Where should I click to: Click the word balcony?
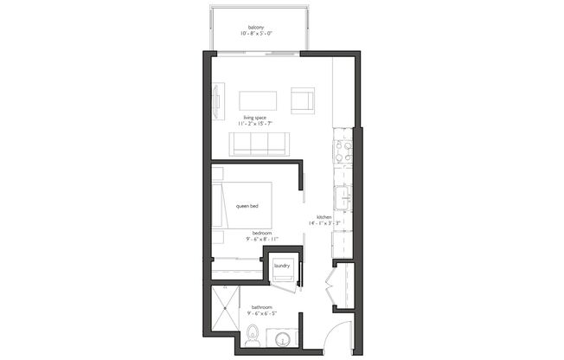pos(256,28)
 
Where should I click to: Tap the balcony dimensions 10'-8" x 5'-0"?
pos(256,35)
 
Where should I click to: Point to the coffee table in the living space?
pos(258,100)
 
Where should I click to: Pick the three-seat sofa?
pos(258,144)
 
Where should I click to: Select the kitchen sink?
pos(343,199)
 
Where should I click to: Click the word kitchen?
pos(324,217)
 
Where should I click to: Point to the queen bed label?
pos(247,206)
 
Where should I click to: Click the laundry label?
pos(281,267)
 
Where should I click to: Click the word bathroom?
pos(262,307)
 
